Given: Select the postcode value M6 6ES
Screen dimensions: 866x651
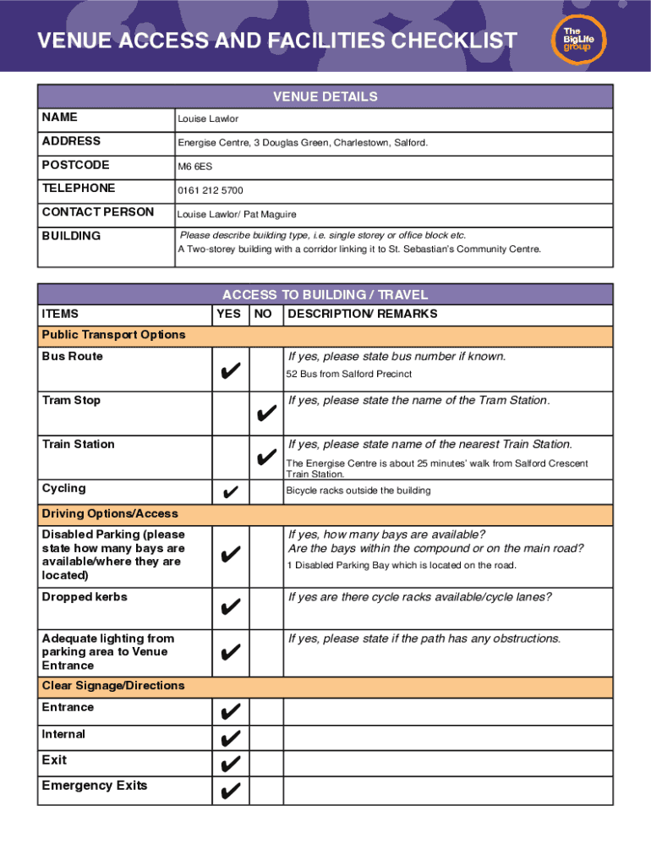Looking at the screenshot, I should point(194,167).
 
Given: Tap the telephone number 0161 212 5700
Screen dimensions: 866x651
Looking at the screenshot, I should point(210,190).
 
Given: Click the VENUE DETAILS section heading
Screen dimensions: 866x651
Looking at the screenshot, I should point(325,96).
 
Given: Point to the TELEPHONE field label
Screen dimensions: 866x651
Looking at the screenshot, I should point(79,188).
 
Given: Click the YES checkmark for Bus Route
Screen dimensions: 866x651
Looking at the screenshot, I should point(229,370).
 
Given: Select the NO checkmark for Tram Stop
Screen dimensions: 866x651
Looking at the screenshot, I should point(265,414).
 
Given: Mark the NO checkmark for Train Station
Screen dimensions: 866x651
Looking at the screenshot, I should point(265,458).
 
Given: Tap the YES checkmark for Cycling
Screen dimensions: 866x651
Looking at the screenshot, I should point(229,492).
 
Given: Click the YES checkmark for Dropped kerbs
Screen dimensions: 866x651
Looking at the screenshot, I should point(229,607).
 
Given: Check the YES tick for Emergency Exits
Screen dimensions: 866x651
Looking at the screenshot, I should point(229,792).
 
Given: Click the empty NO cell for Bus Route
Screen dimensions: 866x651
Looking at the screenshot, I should point(265,370).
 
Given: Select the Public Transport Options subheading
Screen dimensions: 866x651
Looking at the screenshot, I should point(113,335).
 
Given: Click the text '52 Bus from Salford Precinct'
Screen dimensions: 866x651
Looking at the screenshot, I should point(350,374).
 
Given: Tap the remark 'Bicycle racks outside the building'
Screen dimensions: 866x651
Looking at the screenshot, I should point(358,491).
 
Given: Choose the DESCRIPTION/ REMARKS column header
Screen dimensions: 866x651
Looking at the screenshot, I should point(363,314).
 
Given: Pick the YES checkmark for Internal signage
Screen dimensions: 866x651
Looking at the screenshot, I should point(229,739).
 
